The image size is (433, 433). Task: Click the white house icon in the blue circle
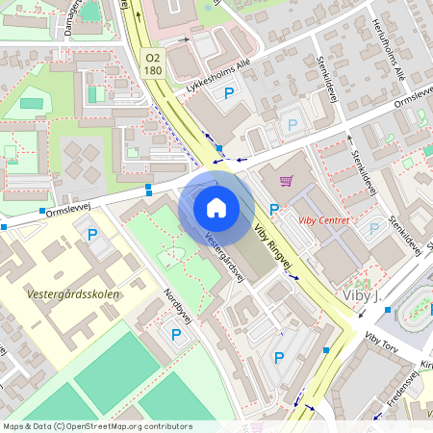[216, 208]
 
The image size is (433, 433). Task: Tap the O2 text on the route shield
[152, 58]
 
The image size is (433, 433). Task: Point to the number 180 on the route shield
[152, 70]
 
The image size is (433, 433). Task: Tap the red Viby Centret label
[323, 220]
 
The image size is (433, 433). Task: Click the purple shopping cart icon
[286, 179]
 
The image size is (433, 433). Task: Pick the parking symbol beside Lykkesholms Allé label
[229, 93]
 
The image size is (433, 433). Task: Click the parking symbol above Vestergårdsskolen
[93, 234]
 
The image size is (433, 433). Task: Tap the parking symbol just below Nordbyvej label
[176, 334]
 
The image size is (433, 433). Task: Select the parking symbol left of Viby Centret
[274, 209]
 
